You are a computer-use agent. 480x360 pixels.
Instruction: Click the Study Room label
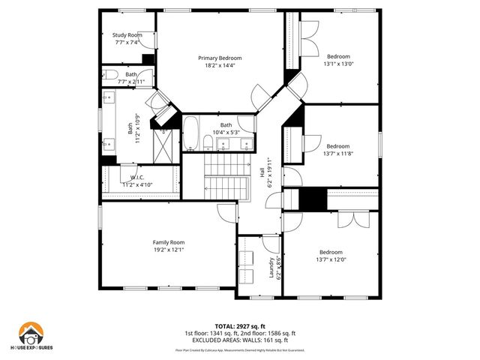click(x=127, y=35)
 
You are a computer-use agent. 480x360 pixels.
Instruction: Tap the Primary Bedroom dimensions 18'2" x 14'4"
click(x=220, y=66)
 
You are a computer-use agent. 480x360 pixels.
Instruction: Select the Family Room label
click(x=169, y=242)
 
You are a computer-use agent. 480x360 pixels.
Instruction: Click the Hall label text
click(x=262, y=172)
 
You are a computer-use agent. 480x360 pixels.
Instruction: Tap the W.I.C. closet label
click(x=137, y=177)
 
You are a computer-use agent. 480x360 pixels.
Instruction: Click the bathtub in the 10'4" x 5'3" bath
click(x=191, y=134)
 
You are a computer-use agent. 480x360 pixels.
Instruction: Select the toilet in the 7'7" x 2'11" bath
click(x=109, y=75)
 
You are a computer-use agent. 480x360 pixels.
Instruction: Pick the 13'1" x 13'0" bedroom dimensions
click(x=338, y=64)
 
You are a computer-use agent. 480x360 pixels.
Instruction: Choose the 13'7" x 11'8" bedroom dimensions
click(x=337, y=154)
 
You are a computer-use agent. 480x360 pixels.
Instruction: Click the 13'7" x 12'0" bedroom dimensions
click(x=331, y=260)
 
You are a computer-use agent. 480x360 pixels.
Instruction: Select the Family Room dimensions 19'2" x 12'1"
click(x=169, y=250)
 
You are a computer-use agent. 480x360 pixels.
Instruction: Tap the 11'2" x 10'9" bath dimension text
click(x=137, y=127)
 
